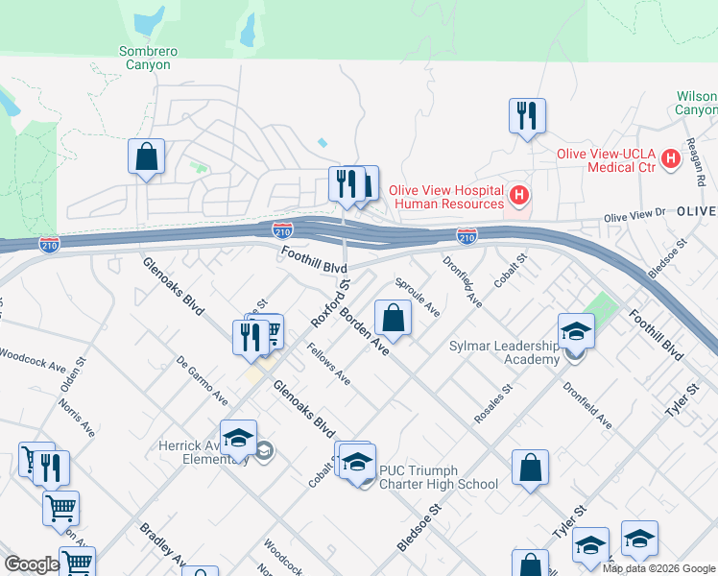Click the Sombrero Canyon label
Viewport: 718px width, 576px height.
[145, 58]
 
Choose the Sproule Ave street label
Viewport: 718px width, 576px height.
[418, 298]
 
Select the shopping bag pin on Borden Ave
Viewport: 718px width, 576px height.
[393, 317]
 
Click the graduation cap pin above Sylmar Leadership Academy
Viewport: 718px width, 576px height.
[576, 331]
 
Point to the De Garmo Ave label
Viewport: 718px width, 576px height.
[202, 381]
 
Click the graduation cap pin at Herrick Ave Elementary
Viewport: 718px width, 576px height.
[238, 438]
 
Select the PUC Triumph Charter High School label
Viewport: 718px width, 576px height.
[439, 477]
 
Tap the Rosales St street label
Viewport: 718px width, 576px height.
[493, 404]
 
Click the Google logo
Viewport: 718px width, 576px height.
[31, 565]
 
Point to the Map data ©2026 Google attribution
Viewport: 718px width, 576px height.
[658, 568]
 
